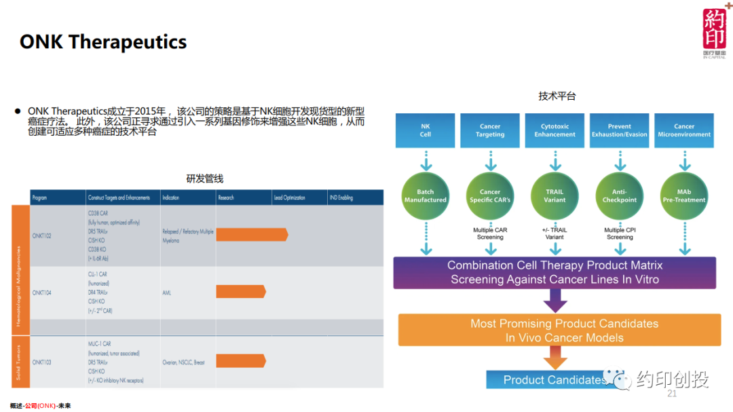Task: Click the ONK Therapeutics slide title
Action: [103, 42]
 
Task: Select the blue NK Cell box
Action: [426, 130]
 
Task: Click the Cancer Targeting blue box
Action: [490, 130]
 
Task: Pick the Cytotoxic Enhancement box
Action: [555, 130]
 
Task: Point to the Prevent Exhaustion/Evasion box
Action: [619, 130]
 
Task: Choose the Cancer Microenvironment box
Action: [684, 130]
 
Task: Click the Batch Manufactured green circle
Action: [426, 196]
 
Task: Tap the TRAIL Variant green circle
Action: [555, 196]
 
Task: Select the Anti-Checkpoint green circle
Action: [620, 196]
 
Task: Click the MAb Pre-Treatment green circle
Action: [684, 196]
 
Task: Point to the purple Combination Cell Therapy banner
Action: [555, 272]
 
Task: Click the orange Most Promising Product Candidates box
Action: [555, 331]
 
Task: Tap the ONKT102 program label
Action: [42, 236]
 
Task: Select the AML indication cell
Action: [167, 293]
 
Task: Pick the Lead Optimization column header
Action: [289, 198]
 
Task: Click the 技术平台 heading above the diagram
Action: [557, 96]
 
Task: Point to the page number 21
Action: [673, 394]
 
